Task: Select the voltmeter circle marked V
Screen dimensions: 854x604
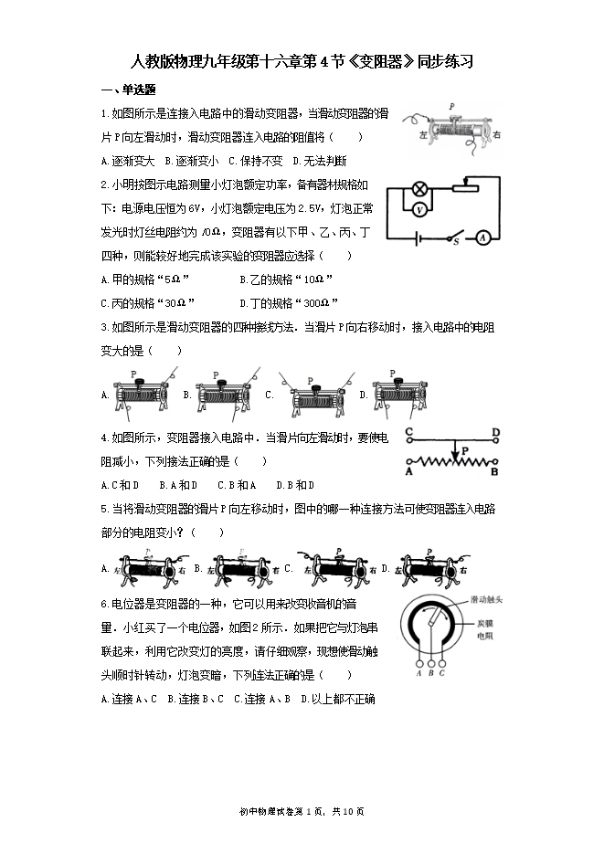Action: [x=419, y=209]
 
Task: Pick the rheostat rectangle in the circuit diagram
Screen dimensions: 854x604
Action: [x=466, y=188]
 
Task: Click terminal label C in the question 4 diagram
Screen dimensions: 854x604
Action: [x=409, y=432]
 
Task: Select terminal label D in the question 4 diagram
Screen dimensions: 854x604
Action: [x=495, y=432]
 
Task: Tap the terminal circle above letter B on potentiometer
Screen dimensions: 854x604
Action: [x=429, y=664]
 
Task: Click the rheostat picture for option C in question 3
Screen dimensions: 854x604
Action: [x=315, y=395]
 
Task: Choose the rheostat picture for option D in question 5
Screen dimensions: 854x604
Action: [x=430, y=568]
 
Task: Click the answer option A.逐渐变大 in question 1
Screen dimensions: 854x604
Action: [x=128, y=161]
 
